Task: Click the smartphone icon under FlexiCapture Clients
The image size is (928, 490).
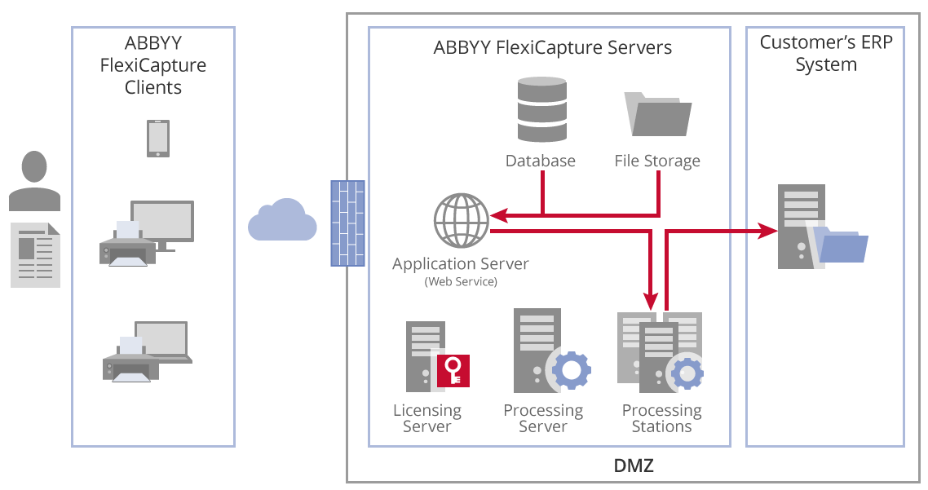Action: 158,139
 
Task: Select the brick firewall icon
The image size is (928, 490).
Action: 347,223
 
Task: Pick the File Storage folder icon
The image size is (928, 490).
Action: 657,114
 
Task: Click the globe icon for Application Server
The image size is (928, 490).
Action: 461,220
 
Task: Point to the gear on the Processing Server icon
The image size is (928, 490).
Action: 572,370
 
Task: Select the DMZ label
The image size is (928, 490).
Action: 634,467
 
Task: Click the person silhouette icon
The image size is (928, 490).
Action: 34,181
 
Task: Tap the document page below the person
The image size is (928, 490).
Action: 35,254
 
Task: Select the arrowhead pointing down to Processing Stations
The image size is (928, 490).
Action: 650,302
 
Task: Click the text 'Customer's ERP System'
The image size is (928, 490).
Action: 825,54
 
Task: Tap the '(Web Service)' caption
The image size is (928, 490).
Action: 461,282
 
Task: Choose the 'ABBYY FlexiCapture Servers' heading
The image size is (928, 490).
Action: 553,47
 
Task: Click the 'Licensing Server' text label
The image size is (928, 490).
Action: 427,418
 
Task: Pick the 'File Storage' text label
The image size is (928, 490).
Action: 657,161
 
